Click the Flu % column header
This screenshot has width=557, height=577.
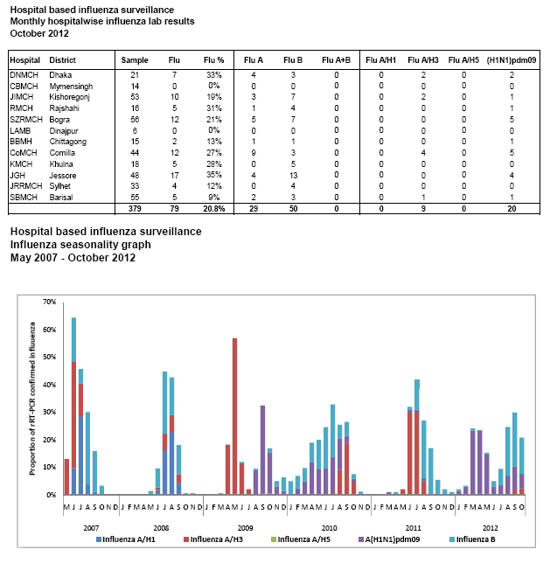click(213, 59)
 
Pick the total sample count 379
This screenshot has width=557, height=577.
click(134, 209)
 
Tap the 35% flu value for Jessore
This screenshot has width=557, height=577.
click(213, 175)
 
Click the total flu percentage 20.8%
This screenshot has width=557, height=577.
click(212, 209)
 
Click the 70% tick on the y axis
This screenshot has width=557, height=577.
click(48, 302)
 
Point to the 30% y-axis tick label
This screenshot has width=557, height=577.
click(48, 412)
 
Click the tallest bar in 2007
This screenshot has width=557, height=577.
click(73, 406)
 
